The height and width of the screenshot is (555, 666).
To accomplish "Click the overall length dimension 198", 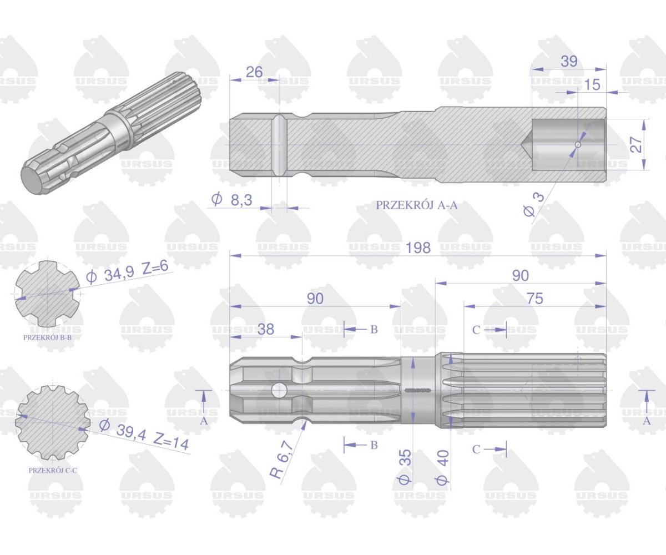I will (417, 248).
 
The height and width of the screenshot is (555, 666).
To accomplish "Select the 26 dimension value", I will (254, 72).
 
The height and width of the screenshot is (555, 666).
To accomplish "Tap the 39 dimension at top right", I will (568, 62).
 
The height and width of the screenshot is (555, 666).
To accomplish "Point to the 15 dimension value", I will (592, 84).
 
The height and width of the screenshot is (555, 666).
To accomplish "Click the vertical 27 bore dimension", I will (637, 144).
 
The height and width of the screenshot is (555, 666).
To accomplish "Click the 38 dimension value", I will (266, 329).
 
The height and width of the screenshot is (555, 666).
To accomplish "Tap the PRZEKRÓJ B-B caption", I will (47, 337).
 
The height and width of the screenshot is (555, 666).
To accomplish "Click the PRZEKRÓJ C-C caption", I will (53, 470).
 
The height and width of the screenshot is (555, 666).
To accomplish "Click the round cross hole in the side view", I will (279, 391).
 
